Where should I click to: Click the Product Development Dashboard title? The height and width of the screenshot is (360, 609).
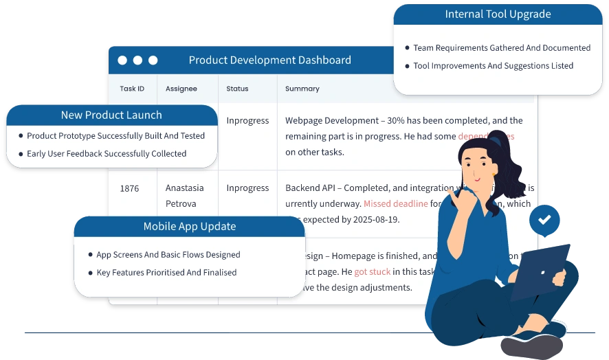tap(269, 60)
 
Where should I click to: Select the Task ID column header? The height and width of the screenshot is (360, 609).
tap(132, 89)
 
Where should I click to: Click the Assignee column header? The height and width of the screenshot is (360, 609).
tap(181, 89)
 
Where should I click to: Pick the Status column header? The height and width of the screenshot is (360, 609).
tap(237, 89)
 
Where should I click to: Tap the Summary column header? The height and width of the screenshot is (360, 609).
tap(302, 89)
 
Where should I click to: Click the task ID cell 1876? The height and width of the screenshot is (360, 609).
tap(129, 188)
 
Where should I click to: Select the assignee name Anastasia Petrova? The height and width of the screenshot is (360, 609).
tap(184, 196)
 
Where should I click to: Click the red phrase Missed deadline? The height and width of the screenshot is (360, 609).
tap(395, 204)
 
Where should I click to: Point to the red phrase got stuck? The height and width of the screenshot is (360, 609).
tap(372, 272)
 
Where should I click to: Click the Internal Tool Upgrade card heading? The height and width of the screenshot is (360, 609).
tap(498, 14)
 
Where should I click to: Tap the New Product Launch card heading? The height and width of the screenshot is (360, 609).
tap(111, 115)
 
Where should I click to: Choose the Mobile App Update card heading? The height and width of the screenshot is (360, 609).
tap(189, 227)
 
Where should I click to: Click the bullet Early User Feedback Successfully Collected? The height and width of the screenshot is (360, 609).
tap(107, 154)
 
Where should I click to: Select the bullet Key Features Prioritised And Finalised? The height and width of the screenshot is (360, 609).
tap(166, 273)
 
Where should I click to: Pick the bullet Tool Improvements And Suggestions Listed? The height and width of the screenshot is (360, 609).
tap(493, 66)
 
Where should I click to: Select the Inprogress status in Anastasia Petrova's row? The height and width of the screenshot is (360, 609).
tap(247, 188)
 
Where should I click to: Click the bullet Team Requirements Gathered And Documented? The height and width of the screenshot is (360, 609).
tap(502, 48)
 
